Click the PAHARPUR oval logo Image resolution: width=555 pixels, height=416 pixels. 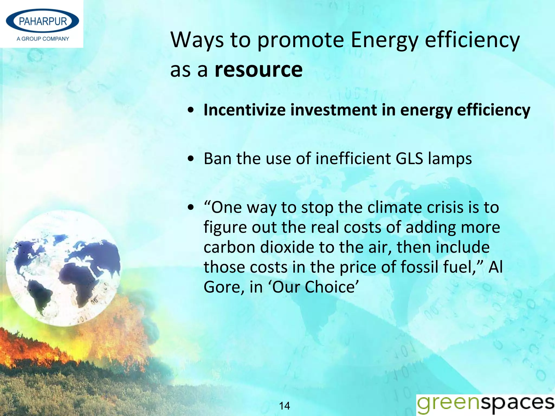pos(43,21)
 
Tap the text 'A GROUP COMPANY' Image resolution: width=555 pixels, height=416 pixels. pos(43,39)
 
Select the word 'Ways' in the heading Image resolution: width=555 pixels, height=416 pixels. pos(197,40)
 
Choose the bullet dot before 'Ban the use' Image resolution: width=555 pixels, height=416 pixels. pos(191,159)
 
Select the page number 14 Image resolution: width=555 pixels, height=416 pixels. pos(284,406)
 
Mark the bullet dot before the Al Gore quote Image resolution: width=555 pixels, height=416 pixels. pos(191,208)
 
